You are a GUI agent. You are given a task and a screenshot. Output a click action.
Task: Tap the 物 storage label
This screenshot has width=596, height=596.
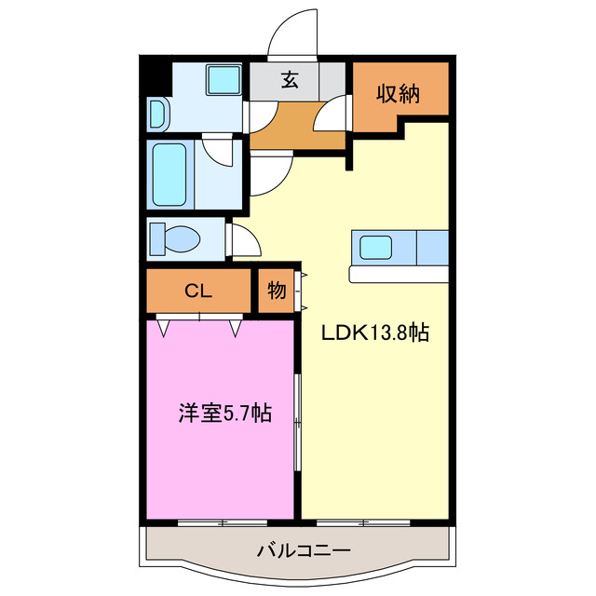click(277, 291)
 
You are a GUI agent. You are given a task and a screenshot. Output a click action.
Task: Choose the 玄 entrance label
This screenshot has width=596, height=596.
click(291, 79)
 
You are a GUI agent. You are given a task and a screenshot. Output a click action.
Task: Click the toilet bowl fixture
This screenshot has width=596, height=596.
click(177, 237)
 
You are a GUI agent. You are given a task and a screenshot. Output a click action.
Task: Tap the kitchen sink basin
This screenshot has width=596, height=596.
click(376, 248)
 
